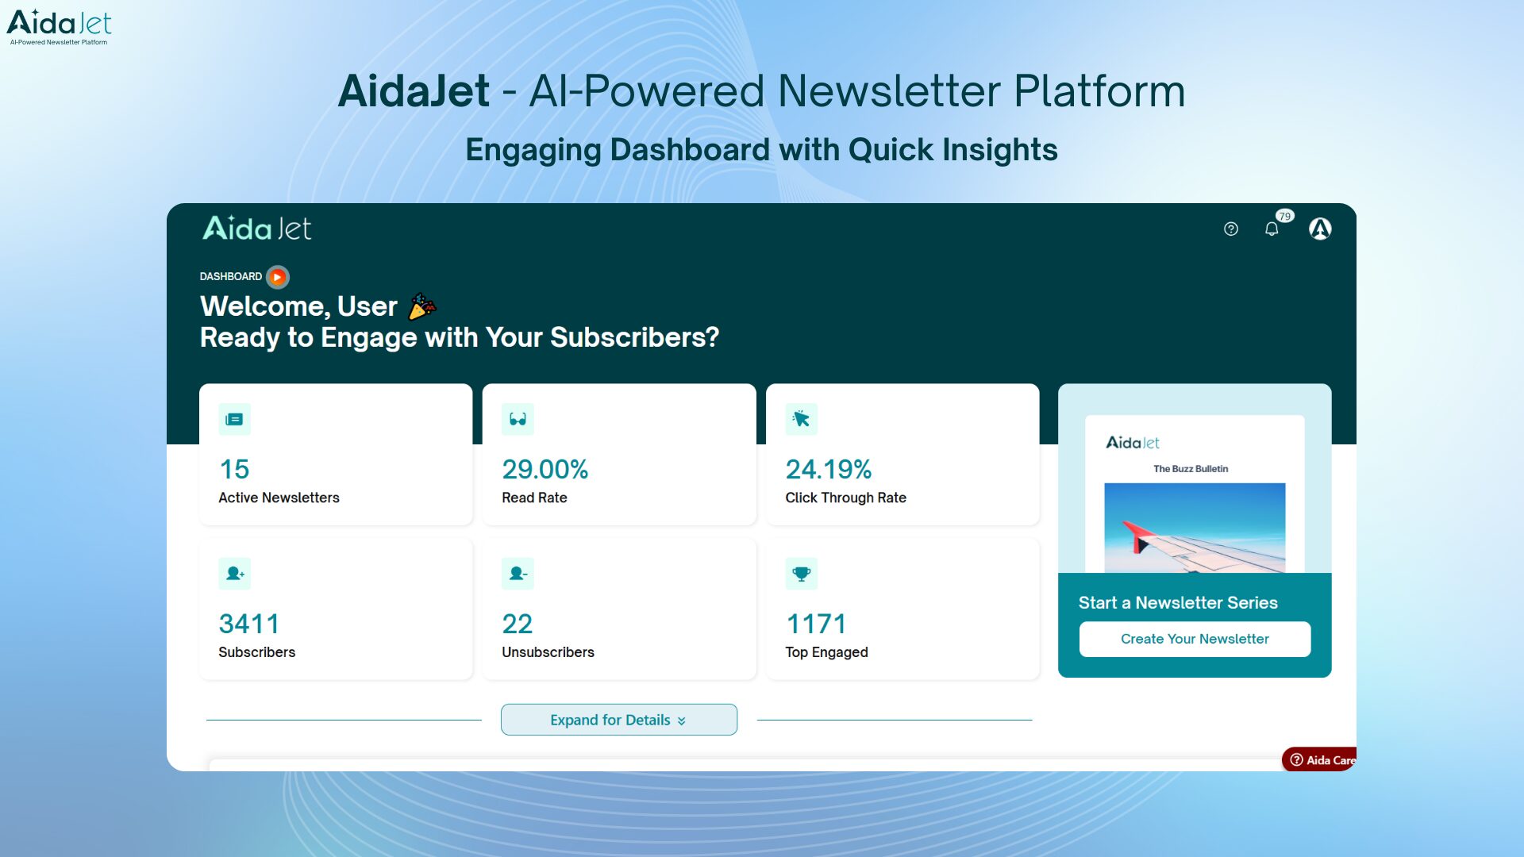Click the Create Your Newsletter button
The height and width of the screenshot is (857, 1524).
(1194, 639)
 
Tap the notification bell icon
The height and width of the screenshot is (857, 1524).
(1271, 229)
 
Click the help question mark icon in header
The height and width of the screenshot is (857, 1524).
(1230, 229)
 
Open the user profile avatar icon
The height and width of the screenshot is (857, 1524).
(1319, 229)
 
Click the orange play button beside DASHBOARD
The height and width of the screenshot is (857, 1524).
(277, 277)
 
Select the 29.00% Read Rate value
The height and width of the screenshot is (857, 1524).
(545, 469)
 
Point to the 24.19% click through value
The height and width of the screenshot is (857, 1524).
(828, 469)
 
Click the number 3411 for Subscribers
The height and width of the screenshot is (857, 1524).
(248, 624)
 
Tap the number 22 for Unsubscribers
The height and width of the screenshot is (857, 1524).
(517, 624)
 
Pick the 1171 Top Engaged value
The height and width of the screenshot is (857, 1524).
(815, 624)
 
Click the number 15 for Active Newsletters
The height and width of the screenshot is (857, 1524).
(234, 469)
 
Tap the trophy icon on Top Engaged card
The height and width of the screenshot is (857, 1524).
(801, 573)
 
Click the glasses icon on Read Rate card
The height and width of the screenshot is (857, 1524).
(518, 419)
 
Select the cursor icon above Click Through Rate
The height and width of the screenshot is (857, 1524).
(801, 419)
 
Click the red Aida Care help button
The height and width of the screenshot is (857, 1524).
(1320, 759)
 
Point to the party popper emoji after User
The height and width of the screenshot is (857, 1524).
(421, 306)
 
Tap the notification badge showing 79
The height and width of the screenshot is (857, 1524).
(1284, 216)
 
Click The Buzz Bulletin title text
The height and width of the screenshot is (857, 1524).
(1190, 469)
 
